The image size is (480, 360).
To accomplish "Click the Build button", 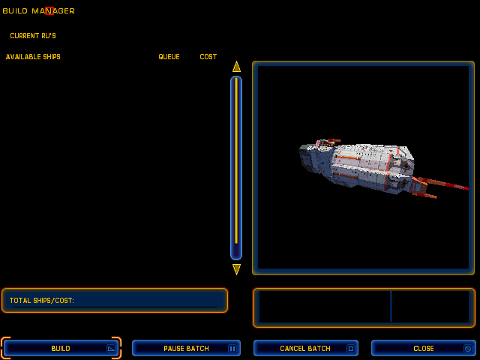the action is click(61, 348).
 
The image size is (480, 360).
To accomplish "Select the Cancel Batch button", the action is click(306, 348).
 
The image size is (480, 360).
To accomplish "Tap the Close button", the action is click(423, 348).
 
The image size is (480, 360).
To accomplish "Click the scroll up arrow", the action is click(236, 67).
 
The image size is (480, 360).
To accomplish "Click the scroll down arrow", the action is click(236, 269).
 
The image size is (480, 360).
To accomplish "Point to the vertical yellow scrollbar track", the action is click(236, 160).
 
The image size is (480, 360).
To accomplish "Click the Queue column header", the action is click(169, 57).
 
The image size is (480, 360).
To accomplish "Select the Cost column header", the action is click(208, 57).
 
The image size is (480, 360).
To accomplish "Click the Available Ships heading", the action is click(33, 57).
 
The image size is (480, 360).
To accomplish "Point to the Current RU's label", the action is click(33, 36).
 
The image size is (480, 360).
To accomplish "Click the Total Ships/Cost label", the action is click(42, 300).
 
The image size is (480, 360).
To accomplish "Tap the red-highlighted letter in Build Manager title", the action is click(49, 11).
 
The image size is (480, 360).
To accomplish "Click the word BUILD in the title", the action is click(15, 11).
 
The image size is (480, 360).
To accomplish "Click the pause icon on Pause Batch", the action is click(232, 348).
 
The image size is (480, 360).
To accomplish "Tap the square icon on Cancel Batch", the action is click(351, 348).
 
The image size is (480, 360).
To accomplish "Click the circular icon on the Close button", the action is click(468, 348).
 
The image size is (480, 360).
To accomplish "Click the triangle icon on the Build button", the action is click(111, 348).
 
